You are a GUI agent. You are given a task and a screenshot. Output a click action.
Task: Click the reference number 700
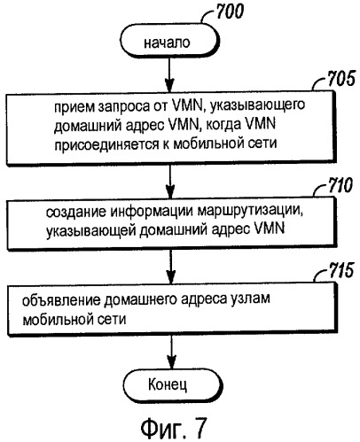click(x=231, y=12)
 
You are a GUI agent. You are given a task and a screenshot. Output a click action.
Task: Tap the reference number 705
click(x=340, y=79)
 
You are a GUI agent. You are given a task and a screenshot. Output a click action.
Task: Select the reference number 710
click(x=340, y=185)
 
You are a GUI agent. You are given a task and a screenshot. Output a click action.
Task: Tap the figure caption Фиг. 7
click(x=173, y=428)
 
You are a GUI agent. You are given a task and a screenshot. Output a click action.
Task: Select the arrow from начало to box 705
click(x=169, y=74)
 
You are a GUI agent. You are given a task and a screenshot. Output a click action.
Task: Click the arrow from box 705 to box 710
click(x=170, y=181)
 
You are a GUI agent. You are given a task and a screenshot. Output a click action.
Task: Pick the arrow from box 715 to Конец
click(x=172, y=353)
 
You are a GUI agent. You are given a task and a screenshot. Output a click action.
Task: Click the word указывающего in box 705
click(x=258, y=105)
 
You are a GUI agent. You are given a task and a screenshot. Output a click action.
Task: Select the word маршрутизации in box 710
click(x=250, y=212)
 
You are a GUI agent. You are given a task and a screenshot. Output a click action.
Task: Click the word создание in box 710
click(x=76, y=213)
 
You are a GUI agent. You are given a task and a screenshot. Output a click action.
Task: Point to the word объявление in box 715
click(x=61, y=300)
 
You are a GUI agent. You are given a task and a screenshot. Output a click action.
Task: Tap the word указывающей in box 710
click(x=90, y=230)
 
